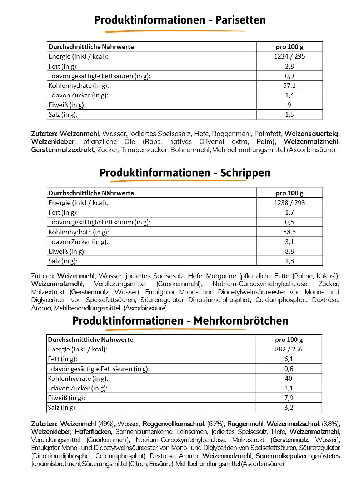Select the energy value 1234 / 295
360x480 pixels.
[x=289, y=56]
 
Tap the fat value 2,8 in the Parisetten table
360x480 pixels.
[x=289, y=66]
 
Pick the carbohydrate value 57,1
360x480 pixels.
[x=289, y=85]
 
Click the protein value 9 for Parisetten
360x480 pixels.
[x=289, y=105]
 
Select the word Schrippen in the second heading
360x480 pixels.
[x=245, y=173]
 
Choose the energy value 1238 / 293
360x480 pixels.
[x=289, y=202]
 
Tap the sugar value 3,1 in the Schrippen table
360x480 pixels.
[x=289, y=241]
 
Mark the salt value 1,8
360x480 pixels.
[x=289, y=261]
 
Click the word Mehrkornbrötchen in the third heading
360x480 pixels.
[x=241, y=321]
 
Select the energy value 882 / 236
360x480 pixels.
[x=289, y=349]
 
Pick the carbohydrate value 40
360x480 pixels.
[x=289, y=378]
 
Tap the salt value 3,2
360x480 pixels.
[x=289, y=407]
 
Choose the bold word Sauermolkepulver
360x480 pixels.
[x=282, y=456]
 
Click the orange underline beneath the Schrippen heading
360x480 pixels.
[x=180, y=181]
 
